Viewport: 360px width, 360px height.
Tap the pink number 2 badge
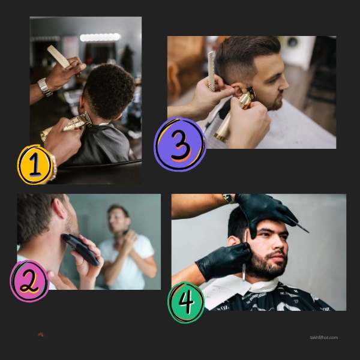pos(29,281)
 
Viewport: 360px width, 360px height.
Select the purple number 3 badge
pos(180,145)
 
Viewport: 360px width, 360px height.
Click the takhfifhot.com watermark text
pos(323,337)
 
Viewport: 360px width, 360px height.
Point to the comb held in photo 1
pos(59,56)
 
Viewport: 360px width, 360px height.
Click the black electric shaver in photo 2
pos(80,249)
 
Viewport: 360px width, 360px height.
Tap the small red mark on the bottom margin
pos(41,334)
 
